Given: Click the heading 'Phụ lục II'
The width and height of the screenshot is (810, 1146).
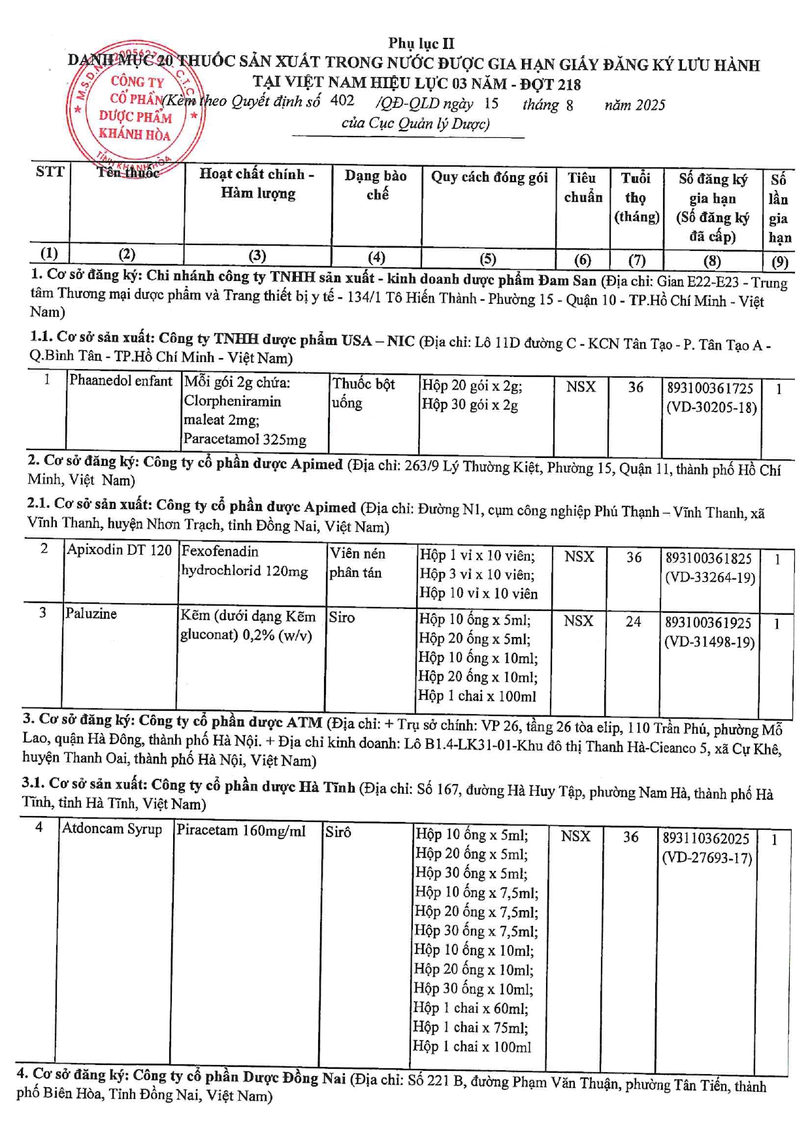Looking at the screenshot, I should click(x=421, y=43).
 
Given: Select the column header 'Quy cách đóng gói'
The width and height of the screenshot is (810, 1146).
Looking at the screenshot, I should click(x=489, y=177).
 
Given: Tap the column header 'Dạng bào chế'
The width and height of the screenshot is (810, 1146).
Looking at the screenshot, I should click(x=376, y=185).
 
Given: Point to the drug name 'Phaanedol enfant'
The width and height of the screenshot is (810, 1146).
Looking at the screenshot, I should click(x=121, y=381).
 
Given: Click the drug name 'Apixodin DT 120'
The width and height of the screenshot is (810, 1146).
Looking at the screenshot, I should click(x=120, y=550).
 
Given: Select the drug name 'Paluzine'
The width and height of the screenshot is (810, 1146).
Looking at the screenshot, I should click(x=91, y=614).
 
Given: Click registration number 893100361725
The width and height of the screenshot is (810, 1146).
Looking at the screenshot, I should click(x=710, y=388).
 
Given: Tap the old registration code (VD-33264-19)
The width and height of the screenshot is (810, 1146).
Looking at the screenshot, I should click(x=710, y=578).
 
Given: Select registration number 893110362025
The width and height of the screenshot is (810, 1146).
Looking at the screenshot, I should click(x=706, y=838).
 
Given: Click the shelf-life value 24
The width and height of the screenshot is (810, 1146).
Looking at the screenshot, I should click(x=633, y=621).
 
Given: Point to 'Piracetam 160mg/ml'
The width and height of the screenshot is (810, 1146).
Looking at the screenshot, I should click(x=241, y=831).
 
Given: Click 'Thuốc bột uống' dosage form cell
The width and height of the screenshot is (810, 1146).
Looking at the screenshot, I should click(x=364, y=393).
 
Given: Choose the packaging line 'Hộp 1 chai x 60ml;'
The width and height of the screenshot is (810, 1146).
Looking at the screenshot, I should click(x=470, y=1008).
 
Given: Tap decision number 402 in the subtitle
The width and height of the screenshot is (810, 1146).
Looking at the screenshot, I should click(x=342, y=101).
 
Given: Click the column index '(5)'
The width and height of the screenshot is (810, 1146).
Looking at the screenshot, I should click(x=488, y=259).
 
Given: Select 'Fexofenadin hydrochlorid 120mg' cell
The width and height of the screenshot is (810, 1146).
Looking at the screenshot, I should click(x=244, y=561).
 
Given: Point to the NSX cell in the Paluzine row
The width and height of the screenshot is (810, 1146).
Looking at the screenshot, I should click(x=578, y=621).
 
